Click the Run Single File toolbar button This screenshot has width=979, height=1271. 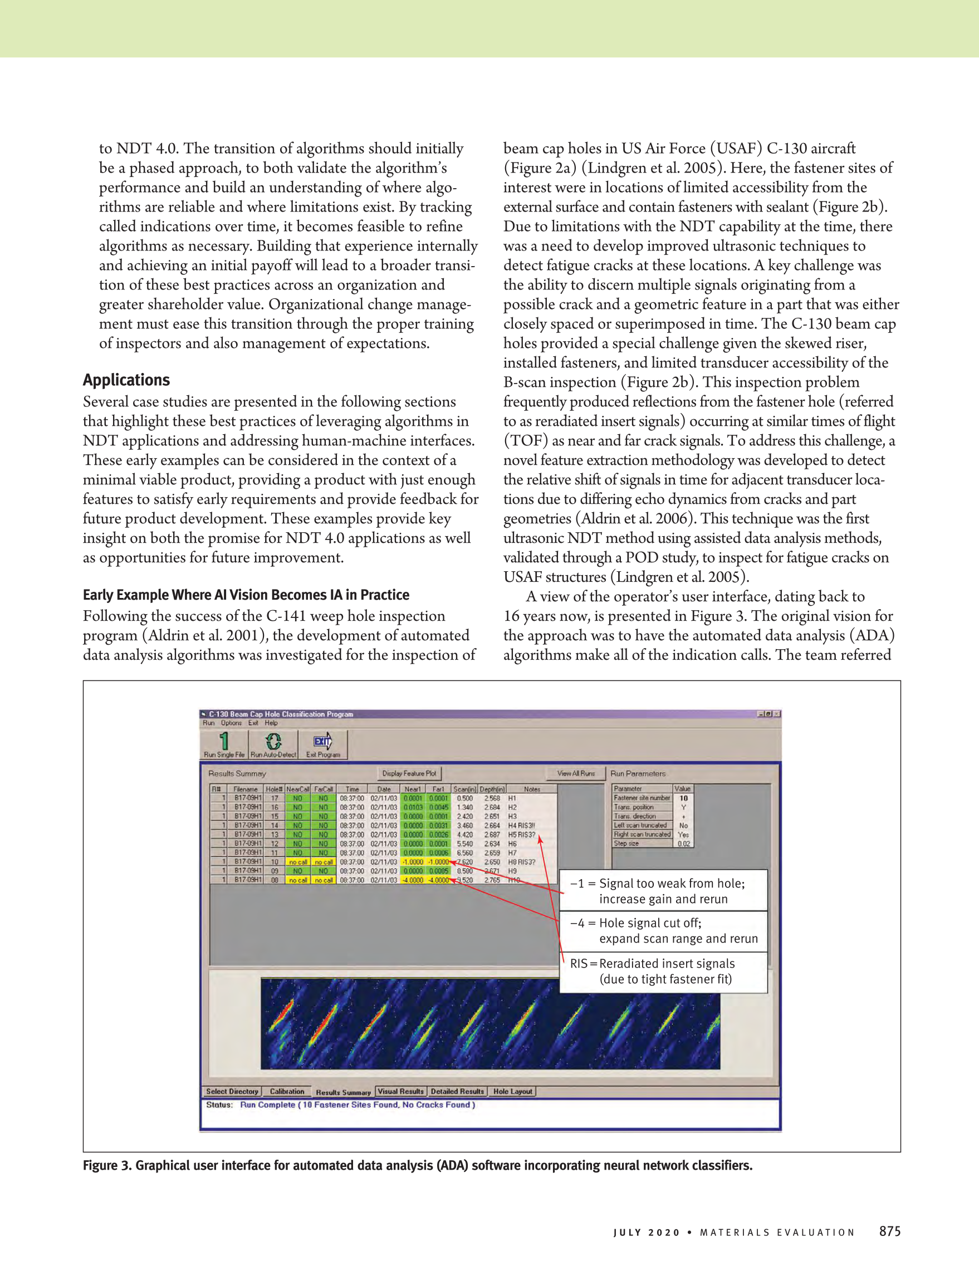[x=224, y=745]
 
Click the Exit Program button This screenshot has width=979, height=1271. [x=323, y=745]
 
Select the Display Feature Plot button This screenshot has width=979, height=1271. [x=409, y=773]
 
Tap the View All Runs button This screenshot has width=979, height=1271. [x=576, y=773]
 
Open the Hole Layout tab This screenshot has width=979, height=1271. [x=512, y=1091]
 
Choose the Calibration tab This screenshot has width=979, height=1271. [x=287, y=1091]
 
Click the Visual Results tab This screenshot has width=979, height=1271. [x=401, y=1091]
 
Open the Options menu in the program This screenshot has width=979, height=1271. [x=231, y=723]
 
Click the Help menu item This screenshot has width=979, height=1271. [x=271, y=723]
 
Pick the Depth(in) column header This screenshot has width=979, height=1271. [x=492, y=789]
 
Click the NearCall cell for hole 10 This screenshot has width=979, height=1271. [x=298, y=862]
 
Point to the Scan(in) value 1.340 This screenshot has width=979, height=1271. [x=464, y=807]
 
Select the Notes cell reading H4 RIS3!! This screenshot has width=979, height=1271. [x=521, y=825]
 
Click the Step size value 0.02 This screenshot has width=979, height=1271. [x=683, y=843]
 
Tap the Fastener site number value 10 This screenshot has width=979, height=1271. [x=683, y=798]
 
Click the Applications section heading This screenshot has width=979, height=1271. [x=126, y=380]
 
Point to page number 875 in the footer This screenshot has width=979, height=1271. [x=889, y=1231]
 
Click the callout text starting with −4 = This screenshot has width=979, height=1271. [x=664, y=930]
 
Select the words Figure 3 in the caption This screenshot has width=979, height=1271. [x=107, y=1165]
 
